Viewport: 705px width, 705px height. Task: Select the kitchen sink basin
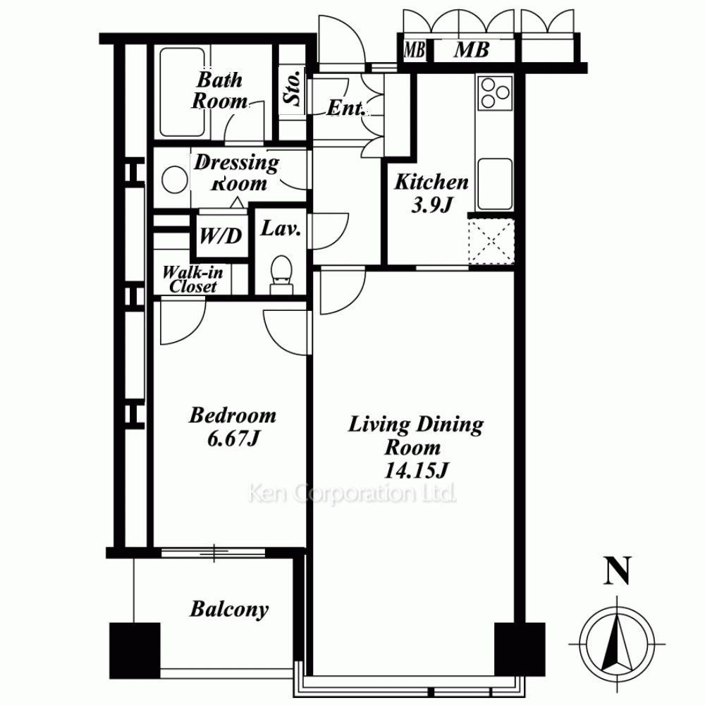coord(495,184)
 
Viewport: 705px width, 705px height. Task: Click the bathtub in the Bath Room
coord(183,92)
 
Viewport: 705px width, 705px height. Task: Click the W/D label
coord(220,235)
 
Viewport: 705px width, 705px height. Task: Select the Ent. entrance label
coord(345,108)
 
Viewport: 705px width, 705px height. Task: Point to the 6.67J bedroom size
coord(233,439)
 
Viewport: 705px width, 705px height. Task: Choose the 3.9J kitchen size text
coord(431,205)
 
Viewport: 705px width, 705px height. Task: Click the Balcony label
coord(229,610)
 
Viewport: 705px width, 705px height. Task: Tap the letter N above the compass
coord(618,571)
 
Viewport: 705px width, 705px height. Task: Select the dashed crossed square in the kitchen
coord(491,241)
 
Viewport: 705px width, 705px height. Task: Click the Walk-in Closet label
coord(192,279)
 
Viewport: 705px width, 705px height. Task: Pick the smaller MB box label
coord(414,50)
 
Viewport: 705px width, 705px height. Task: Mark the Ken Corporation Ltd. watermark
coord(352,493)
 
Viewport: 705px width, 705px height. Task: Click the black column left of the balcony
coord(135,651)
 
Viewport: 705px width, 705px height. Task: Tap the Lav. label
coord(281,229)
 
